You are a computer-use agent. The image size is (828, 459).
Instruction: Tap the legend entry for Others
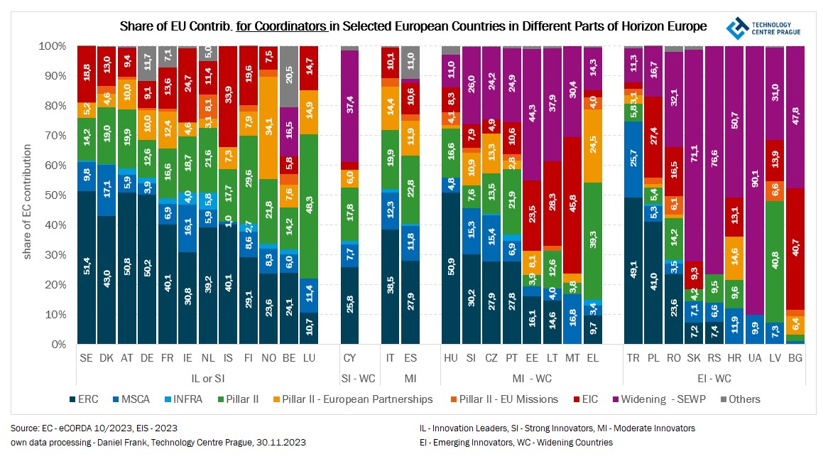tap(739, 399)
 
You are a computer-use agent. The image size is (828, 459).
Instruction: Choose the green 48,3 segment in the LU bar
tap(309, 206)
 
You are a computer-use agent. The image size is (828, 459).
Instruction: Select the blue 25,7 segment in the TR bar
tap(633, 160)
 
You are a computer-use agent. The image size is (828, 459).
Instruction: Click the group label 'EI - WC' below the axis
tap(714, 379)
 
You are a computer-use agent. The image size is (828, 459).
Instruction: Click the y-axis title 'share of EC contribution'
tap(28, 202)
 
